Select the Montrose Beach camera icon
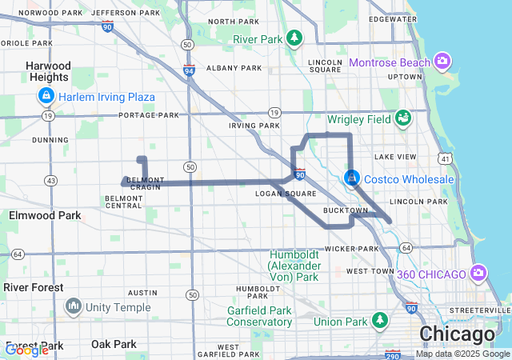(442, 62)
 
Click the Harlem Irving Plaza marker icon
(46, 97)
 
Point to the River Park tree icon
(295, 38)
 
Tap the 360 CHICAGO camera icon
(479, 274)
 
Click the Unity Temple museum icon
(74, 306)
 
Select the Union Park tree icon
(381, 322)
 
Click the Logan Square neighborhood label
(279, 194)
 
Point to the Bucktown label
(345, 210)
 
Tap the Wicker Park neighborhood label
(351, 249)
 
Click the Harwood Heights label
(47, 71)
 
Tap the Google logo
(26, 350)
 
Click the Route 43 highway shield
(51, 181)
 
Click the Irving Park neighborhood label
(254, 126)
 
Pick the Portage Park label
(149, 115)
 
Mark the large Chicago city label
(457, 334)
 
